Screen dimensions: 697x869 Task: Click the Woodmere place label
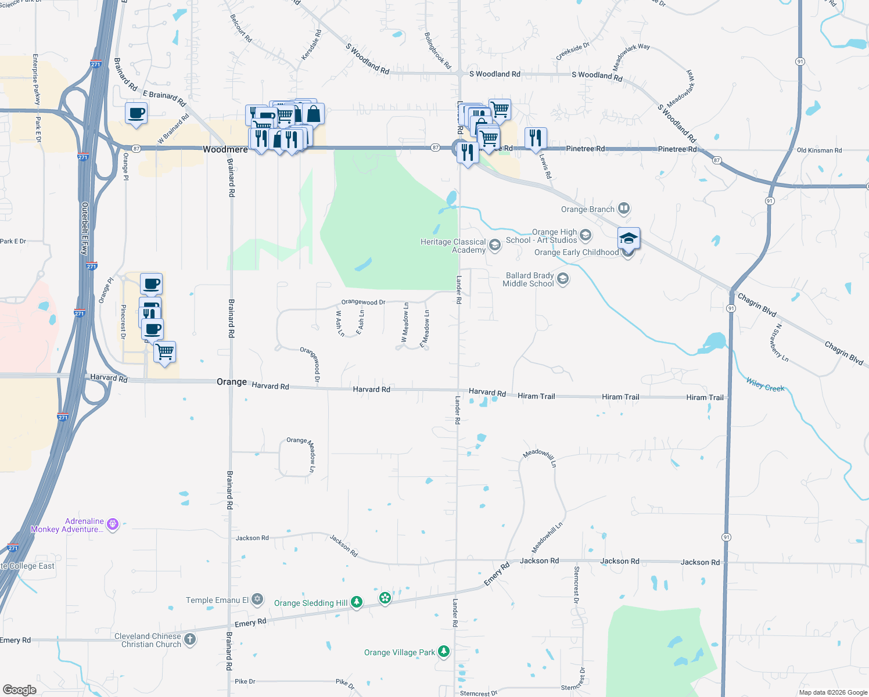225,149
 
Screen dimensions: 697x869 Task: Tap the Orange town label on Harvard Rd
232,382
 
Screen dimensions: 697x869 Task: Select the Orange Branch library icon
624,208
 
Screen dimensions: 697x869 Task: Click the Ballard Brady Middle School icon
562,279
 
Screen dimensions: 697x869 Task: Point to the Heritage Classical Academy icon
494,245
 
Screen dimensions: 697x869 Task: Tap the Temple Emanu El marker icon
257,599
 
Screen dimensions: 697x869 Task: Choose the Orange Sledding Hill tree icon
357,602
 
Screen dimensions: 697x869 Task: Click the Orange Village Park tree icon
444,652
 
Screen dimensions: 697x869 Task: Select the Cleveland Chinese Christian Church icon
190,639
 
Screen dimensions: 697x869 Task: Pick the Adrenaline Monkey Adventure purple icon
113,524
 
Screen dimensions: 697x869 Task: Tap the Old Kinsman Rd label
819,150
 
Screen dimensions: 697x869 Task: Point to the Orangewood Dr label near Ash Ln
363,302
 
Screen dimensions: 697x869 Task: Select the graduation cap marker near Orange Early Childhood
629,239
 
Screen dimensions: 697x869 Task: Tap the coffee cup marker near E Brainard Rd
136,113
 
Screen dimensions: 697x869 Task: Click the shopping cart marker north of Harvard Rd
165,351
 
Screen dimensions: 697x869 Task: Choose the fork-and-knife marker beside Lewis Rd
535,138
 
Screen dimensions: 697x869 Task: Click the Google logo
20,690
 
